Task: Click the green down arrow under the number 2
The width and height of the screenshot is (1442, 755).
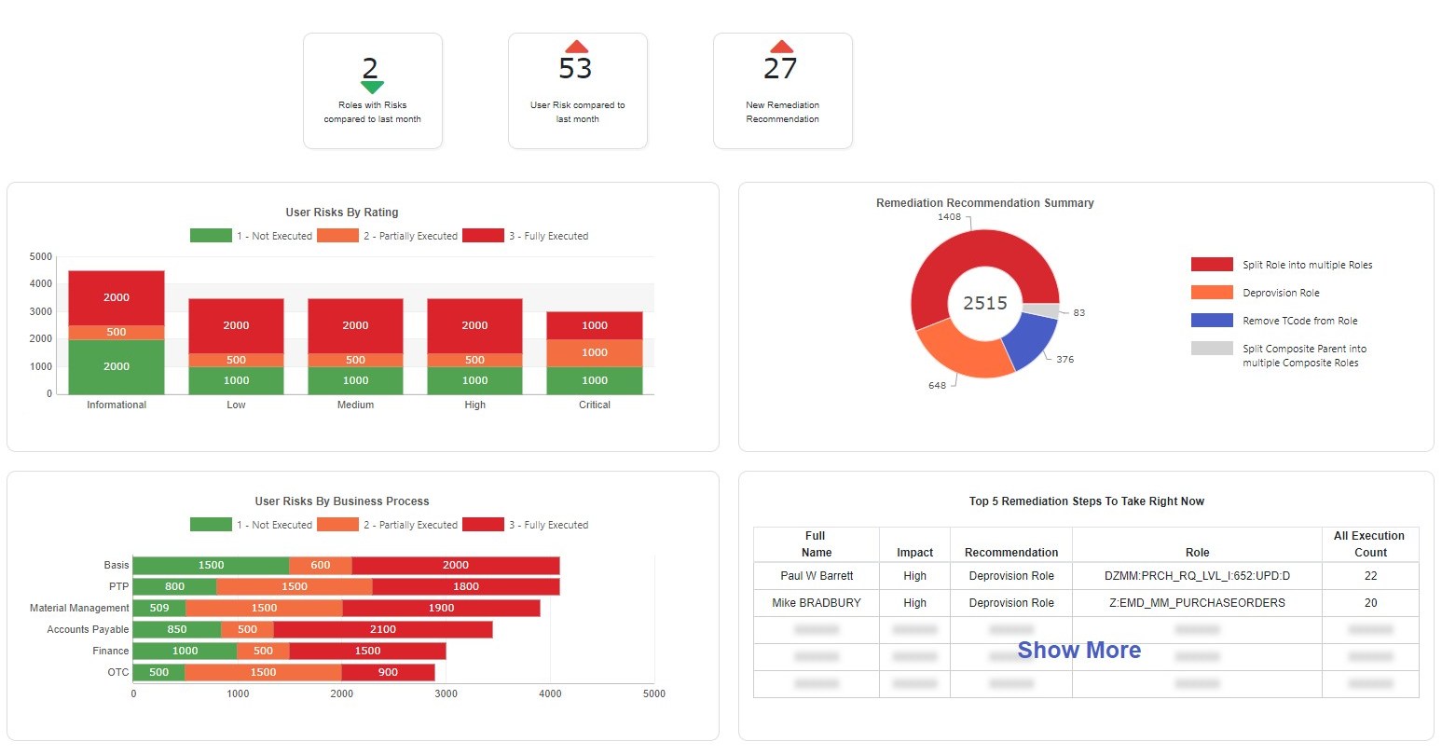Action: click(372, 88)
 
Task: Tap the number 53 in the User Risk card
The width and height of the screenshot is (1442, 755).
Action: click(575, 69)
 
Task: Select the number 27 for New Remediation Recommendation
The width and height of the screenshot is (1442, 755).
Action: click(780, 69)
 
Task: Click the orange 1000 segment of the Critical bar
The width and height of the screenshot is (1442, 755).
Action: click(595, 352)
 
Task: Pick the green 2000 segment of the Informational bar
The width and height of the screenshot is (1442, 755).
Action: click(117, 366)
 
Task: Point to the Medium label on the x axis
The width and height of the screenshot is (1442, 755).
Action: click(355, 405)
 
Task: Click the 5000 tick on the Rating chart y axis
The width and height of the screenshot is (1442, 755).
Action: click(41, 256)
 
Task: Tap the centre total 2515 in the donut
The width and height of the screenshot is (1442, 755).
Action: click(985, 303)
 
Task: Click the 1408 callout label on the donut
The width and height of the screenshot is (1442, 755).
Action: click(949, 217)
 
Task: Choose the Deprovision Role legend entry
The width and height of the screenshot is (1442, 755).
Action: click(1281, 293)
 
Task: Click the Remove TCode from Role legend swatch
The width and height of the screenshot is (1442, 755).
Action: click(1212, 321)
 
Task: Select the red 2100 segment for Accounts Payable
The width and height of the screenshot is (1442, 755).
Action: click(383, 629)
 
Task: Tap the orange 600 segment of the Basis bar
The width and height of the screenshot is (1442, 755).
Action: click(320, 565)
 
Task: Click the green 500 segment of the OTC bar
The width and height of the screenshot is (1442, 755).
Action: click(158, 672)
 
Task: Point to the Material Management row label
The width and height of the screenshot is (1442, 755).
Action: click(79, 608)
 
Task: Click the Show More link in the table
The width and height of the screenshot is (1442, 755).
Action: click(1078, 650)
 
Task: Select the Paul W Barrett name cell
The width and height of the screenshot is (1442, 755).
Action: click(817, 576)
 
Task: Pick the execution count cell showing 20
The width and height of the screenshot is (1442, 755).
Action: click(1370, 603)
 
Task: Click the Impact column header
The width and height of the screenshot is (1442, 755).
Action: click(914, 553)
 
